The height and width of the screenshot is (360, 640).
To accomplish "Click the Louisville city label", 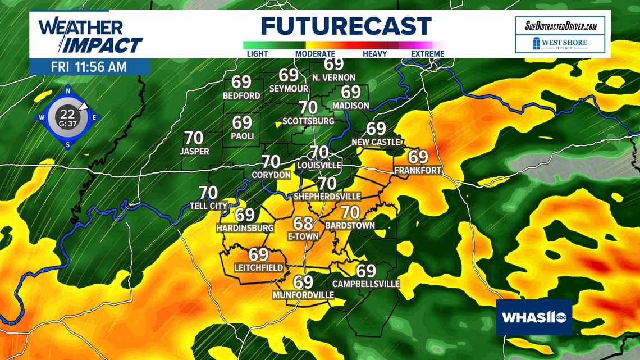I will [319, 165].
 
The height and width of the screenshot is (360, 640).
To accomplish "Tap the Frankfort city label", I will [418, 170].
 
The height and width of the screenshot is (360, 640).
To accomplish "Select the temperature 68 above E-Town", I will [303, 224].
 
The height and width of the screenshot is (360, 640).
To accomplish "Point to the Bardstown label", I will [350, 225].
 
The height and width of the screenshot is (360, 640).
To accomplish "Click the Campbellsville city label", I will [366, 284].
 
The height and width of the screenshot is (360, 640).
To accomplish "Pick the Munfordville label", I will [303, 295].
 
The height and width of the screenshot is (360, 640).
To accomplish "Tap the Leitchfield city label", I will [258, 268].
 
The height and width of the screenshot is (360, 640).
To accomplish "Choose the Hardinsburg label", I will [245, 228].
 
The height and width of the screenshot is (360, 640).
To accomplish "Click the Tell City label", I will [208, 206].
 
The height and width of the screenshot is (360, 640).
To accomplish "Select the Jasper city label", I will [194, 151].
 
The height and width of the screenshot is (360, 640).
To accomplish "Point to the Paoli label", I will [243, 136].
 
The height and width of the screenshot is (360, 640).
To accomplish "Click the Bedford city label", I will [241, 95].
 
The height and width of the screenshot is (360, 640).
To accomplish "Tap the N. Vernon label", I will [333, 78].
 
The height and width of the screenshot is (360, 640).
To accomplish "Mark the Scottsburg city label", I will [308, 121].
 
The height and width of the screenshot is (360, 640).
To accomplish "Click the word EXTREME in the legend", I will [427, 54].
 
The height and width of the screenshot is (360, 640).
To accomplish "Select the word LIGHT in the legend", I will [257, 54].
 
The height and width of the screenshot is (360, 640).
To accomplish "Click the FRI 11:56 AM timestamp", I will [89, 67].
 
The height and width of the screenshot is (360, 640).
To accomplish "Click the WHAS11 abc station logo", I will [533, 318].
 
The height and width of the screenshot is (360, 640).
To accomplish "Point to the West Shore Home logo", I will [560, 44].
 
